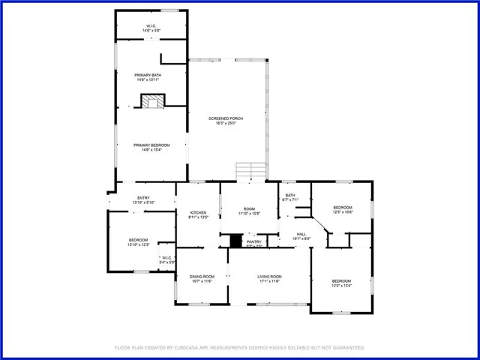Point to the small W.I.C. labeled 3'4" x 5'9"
pyautogui.click(x=167, y=259)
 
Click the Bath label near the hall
pyautogui.click(x=289, y=197)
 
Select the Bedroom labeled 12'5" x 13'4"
pyautogui.click(x=341, y=283)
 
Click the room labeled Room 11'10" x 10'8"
pyautogui.click(x=249, y=211)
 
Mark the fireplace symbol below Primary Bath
pyautogui.click(x=153, y=102)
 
